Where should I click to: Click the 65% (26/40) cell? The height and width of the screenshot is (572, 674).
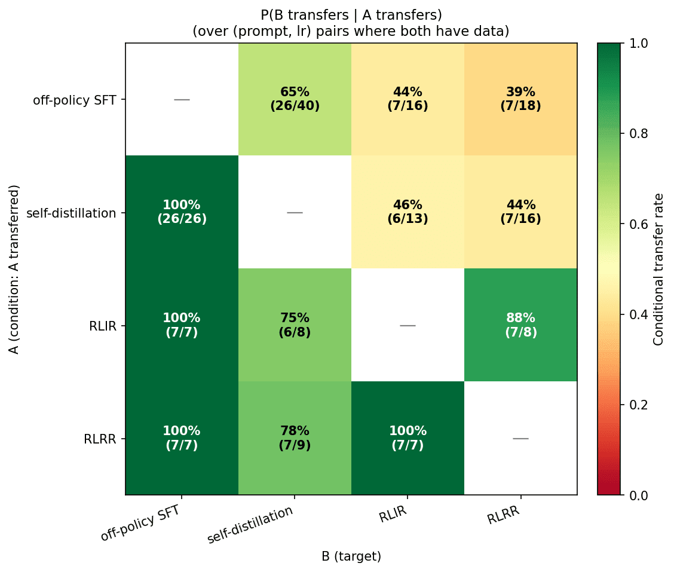[x=295, y=99]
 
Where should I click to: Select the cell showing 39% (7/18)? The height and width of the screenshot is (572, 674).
[x=520, y=99]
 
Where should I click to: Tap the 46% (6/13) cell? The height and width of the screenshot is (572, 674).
[x=408, y=212]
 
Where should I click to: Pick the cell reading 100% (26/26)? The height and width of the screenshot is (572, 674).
[x=182, y=212]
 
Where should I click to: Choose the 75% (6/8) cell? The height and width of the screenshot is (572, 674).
[x=295, y=325]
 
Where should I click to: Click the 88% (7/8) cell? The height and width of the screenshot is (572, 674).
[x=520, y=325]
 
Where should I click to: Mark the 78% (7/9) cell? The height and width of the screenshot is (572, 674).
[x=295, y=438]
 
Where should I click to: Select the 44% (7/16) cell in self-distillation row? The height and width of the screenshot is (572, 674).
[x=520, y=212]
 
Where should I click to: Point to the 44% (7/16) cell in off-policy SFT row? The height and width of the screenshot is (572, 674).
[x=408, y=99]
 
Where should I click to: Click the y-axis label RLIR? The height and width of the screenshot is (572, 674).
[x=100, y=326]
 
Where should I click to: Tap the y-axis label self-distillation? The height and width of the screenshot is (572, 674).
[x=72, y=213]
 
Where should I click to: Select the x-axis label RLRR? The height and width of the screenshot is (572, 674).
[x=503, y=515]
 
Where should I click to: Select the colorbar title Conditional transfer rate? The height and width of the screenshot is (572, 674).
[x=658, y=269]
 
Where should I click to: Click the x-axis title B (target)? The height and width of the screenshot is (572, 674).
[x=351, y=556]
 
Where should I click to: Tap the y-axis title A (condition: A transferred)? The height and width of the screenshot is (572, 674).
[x=14, y=269]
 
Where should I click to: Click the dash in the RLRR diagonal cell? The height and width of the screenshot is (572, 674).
[x=520, y=438]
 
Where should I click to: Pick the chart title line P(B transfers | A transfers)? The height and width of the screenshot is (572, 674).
[x=351, y=15]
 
